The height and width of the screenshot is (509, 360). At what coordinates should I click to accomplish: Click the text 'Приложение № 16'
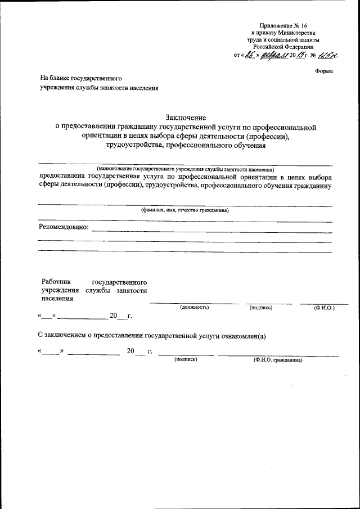(283, 26)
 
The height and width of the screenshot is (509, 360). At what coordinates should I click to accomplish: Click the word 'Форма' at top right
(324, 71)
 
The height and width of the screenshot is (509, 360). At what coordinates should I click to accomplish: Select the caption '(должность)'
(194, 308)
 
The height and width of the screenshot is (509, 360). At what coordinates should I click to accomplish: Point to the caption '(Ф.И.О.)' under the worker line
(324, 308)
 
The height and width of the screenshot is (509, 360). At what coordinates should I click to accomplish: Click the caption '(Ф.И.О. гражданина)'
(278, 359)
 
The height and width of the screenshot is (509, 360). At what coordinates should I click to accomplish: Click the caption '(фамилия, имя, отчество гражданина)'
(184, 210)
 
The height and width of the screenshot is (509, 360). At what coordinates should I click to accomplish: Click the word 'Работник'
(56, 281)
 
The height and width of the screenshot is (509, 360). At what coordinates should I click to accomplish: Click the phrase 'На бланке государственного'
(80, 79)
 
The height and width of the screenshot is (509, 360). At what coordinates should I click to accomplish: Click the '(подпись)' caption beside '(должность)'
(260, 308)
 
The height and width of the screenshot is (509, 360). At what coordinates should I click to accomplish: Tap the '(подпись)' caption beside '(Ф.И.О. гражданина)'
(186, 359)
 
